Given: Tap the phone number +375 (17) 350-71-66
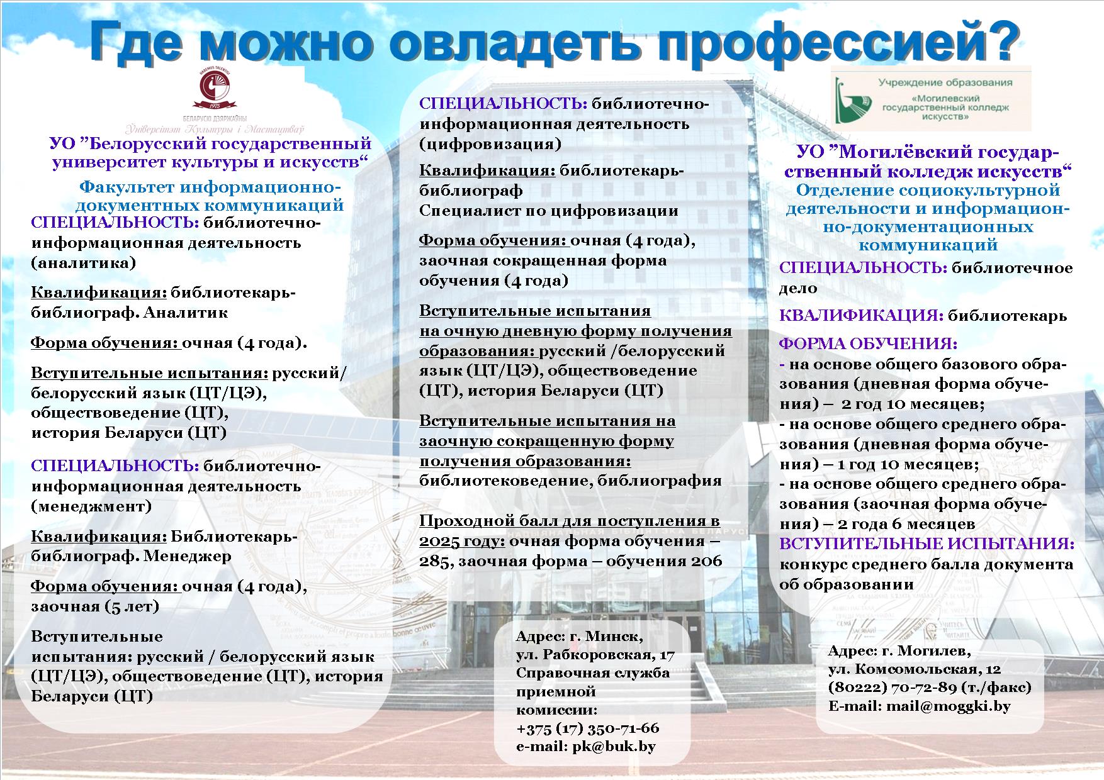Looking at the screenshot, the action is pos(587,728).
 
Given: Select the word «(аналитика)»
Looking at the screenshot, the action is pos(83,263).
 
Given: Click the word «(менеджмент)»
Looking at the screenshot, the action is pos(91,506).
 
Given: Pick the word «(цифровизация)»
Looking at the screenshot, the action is pos(490,144).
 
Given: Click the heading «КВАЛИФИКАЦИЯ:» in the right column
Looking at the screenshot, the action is pos(861,316).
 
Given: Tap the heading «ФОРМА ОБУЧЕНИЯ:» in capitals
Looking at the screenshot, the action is pos(869,344).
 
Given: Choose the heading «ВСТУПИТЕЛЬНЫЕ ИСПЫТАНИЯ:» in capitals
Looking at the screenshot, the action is pos(927,544).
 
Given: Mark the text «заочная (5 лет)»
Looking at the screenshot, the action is pos(95,606).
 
